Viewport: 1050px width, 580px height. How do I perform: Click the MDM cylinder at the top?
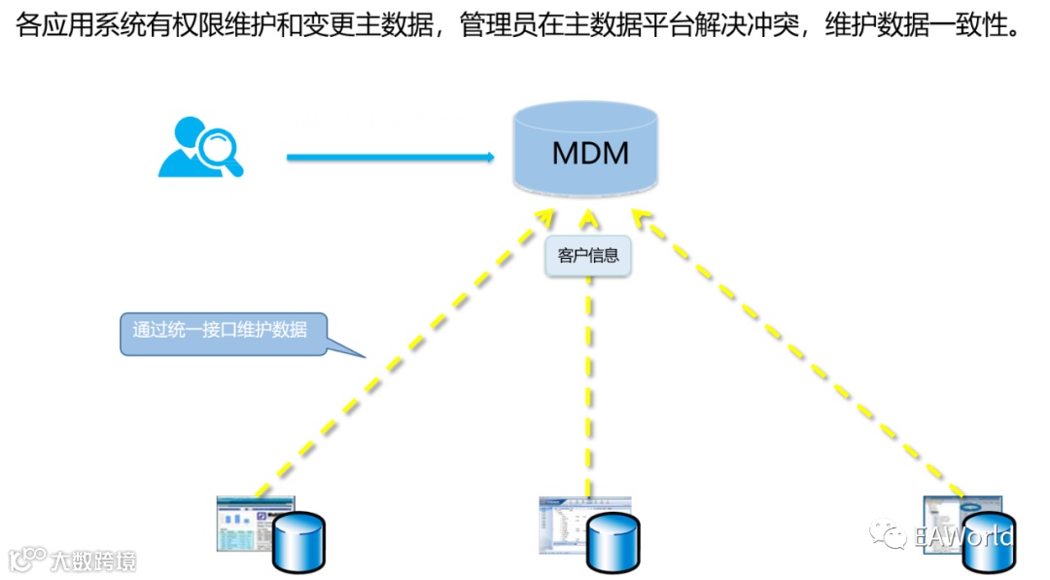point(585,149)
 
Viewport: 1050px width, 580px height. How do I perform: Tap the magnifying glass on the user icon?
point(221,147)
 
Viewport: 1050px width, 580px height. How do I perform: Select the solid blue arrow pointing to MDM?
point(389,156)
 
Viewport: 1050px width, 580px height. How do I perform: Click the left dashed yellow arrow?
point(399,350)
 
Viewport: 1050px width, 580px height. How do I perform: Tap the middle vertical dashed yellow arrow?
point(589,389)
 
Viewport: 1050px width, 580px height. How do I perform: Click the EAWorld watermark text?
point(963,536)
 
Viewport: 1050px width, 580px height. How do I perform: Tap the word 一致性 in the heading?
point(978,26)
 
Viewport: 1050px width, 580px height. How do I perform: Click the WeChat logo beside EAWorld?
point(890,536)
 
